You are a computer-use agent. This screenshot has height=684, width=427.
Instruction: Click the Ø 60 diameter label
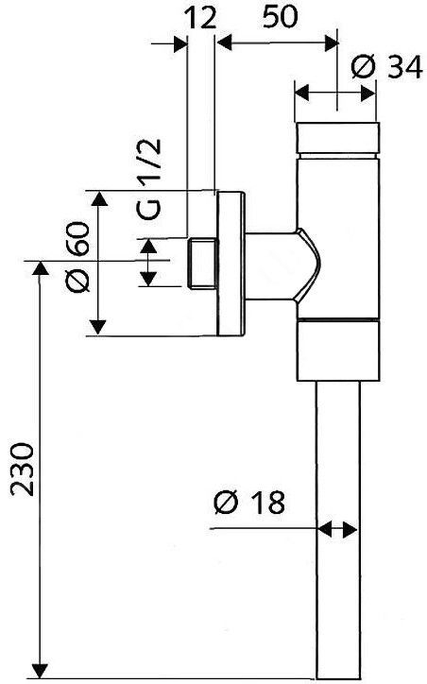click(x=77, y=257)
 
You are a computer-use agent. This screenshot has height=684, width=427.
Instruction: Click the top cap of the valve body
click(x=338, y=138)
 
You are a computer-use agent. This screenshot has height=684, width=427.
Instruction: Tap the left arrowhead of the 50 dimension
click(x=225, y=43)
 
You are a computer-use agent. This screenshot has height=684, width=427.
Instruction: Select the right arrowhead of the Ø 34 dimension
click(x=368, y=94)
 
